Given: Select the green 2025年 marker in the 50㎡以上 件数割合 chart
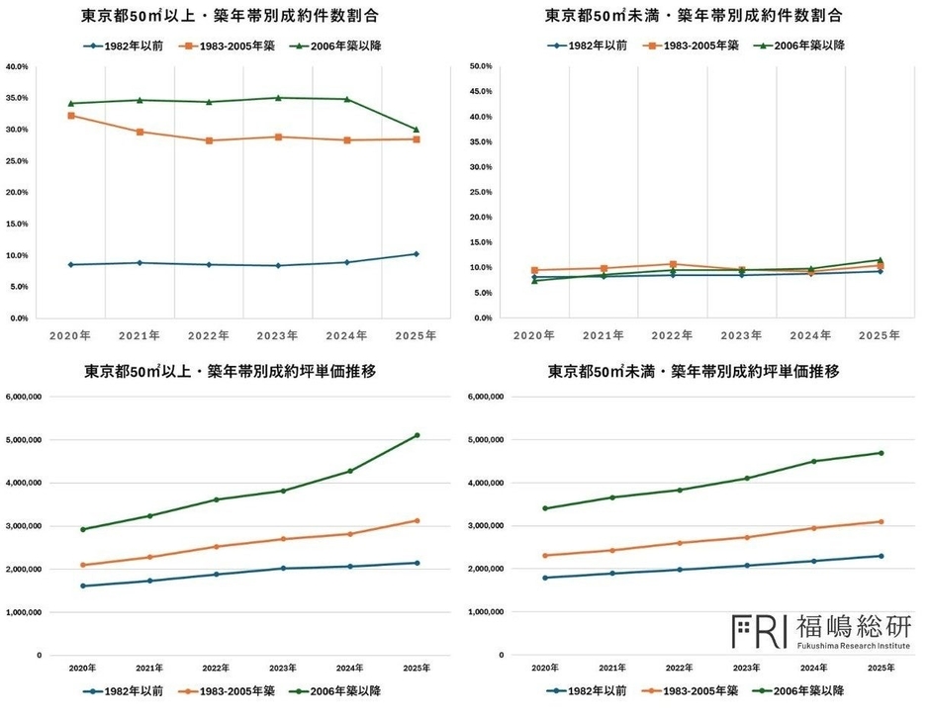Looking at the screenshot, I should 416,130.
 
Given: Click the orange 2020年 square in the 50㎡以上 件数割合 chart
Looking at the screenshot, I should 70,116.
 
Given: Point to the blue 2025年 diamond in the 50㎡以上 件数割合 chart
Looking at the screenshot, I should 416,254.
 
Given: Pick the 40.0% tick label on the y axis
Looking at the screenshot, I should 17,67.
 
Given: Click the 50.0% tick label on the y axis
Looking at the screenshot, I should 480,67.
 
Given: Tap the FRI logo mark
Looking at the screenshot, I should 759,628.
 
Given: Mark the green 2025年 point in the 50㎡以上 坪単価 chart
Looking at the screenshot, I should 417,435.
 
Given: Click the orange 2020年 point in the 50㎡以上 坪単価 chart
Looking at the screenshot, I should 82,565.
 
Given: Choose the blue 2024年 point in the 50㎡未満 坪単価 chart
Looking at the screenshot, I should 814,561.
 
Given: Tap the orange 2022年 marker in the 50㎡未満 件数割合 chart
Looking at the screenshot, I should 673,264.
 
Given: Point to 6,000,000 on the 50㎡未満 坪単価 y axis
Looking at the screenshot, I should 485,398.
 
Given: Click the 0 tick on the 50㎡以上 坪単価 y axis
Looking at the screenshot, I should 40,656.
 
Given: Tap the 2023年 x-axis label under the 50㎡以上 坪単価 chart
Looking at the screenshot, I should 283,669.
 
